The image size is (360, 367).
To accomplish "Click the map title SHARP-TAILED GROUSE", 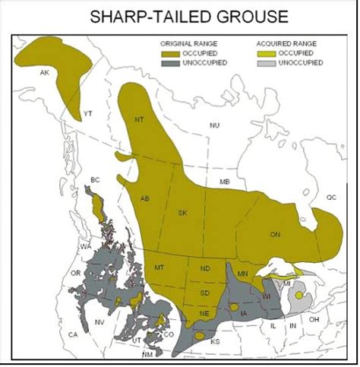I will pyautogui.click(x=180, y=16).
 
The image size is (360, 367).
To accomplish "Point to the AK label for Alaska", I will pyautogui.click(x=44, y=72).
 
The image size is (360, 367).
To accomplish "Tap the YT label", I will pyautogui.click(x=87, y=113).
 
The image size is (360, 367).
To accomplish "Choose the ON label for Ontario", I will pyautogui.click(x=275, y=235).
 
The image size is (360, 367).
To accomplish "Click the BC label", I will pyautogui.click(x=95, y=179).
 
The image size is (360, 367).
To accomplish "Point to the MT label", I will pyautogui.click(x=159, y=268).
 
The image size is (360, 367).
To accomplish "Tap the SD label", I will pyautogui.click(x=205, y=293).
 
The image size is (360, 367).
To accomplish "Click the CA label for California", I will pyautogui.click(x=74, y=334).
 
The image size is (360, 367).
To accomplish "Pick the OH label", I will pyautogui.click(x=313, y=319).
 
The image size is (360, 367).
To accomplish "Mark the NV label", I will pyautogui.click(x=100, y=322).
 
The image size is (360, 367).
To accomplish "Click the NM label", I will pyautogui.click(x=147, y=354).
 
